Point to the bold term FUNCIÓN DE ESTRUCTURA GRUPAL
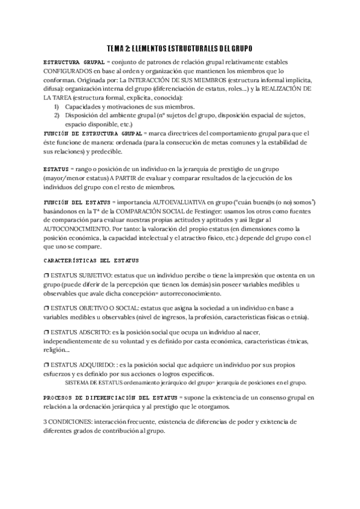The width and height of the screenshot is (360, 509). pos(92,133)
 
